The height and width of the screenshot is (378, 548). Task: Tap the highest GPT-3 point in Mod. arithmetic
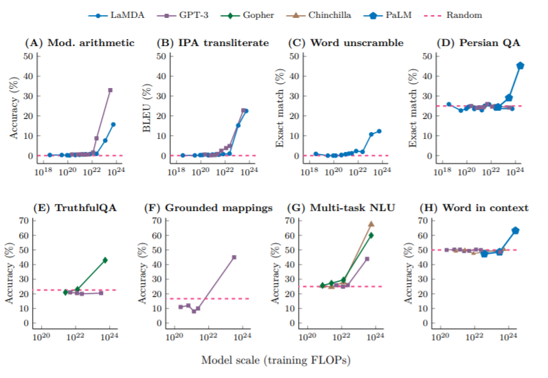[110, 90]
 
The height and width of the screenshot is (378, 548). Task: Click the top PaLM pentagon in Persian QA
[520, 65]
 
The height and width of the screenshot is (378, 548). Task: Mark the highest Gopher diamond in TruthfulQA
[105, 260]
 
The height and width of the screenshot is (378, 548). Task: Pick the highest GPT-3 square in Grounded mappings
[234, 257]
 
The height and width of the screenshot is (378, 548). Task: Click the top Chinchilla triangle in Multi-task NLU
[371, 224]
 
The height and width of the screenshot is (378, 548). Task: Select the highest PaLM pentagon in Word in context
[515, 230]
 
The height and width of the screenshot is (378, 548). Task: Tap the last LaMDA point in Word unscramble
[378, 131]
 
